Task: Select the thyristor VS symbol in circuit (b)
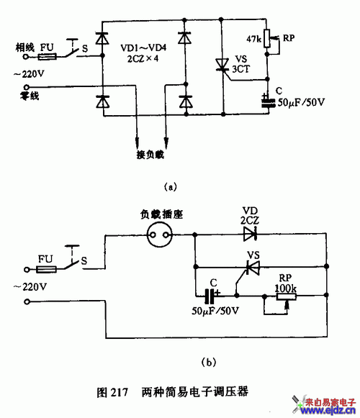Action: coord(251,268)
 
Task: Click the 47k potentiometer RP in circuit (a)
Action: coord(269,38)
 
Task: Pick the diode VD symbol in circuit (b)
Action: coord(251,234)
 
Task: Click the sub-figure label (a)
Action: coord(171,186)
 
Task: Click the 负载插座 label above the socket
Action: coord(158,213)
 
